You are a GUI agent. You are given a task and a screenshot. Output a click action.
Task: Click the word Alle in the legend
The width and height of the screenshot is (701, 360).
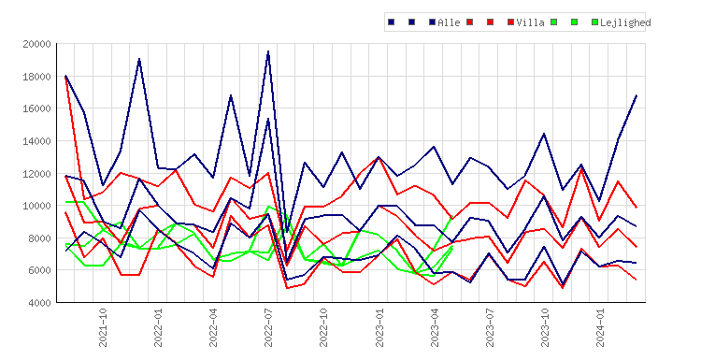coord(449,22)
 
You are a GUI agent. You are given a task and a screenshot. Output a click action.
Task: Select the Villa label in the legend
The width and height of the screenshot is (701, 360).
coord(530,22)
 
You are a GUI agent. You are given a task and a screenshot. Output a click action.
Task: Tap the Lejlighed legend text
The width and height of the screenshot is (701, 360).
coord(625,22)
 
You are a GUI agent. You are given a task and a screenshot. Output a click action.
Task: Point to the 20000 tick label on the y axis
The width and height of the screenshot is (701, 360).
coord(36,44)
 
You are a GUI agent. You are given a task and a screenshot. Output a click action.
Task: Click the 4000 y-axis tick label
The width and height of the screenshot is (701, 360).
coord(39,303)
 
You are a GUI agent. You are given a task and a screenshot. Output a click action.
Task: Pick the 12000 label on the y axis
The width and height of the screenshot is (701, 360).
coord(36,174)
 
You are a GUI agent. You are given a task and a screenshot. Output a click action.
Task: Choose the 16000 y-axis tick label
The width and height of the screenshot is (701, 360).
coord(36,108)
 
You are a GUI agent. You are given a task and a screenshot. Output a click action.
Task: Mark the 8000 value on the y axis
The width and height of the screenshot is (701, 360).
coord(39,238)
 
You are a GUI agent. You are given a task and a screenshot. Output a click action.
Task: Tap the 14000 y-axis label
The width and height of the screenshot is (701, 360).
coord(36,141)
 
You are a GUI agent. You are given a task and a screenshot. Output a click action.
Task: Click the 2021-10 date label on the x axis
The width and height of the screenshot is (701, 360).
coord(103,327)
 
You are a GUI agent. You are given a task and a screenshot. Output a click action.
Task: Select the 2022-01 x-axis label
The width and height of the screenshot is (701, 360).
coord(158,327)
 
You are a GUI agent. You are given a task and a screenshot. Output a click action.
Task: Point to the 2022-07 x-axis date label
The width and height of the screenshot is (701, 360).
coord(268,327)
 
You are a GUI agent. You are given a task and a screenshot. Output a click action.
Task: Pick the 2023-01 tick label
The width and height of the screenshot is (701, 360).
coord(379,327)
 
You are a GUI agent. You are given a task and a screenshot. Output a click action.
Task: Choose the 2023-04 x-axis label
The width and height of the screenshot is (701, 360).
coord(435,327)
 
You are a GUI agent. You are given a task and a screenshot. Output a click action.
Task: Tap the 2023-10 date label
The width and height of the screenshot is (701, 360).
coord(545,327)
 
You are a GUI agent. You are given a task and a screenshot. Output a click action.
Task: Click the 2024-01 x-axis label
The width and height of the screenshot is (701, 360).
coord(600,327)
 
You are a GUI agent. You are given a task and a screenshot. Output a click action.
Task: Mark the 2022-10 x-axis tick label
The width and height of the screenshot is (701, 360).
coord(323,327)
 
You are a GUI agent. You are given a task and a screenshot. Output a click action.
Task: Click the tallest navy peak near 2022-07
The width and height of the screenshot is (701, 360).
coord(268,51)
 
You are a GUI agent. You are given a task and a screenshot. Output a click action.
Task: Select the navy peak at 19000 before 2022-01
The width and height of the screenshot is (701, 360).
coord(139,59)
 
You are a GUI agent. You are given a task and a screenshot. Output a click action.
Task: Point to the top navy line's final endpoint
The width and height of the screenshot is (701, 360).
coord(637,95)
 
